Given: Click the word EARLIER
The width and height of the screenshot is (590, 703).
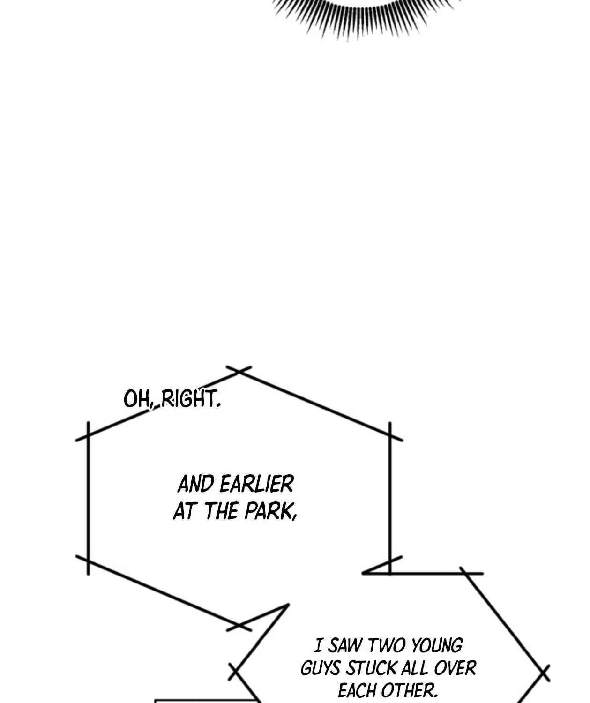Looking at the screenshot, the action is tap(257, 484).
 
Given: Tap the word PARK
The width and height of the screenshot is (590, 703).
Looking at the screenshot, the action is tap(270, 511).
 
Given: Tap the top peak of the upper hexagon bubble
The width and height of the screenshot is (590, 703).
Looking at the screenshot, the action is tap(239, 371).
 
